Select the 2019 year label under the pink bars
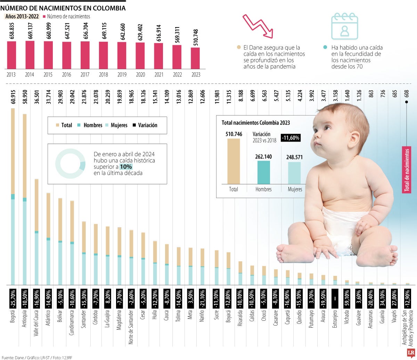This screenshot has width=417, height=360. (122, 74)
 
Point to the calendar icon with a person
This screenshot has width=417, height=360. (344, 26)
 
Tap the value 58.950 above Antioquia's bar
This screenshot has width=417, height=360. (25, 99)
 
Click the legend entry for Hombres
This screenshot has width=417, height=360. (90, 125)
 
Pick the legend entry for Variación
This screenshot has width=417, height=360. (145, 125)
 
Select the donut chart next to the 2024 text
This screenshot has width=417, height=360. (70, 164)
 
